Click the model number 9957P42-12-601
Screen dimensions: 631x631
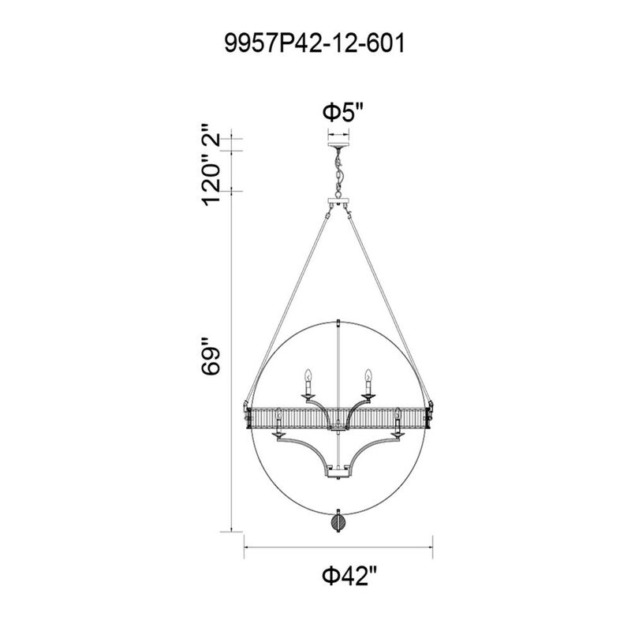(315, 43)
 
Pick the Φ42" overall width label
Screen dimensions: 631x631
(349, 576)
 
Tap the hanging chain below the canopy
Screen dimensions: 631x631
(339, 173)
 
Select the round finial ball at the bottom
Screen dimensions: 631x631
(338, 523)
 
